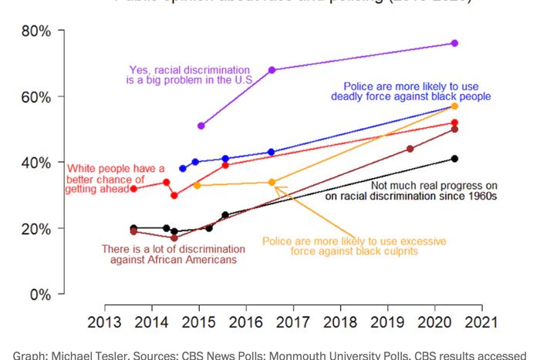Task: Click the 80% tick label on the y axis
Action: [35, 32]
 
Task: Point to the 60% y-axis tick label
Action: [35, 97]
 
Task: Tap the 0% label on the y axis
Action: [39, 294]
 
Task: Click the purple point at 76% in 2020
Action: [454, 43]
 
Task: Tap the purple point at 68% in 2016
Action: [272, 70]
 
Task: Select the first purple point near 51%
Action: [201, 126]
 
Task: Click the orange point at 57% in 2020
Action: [454, 106]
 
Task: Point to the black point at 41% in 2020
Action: [454, 159]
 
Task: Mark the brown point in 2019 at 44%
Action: [410, 149]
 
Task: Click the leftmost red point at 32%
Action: [134, 188]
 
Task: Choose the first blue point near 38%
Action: [183, 168]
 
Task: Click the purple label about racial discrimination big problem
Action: [189, 74]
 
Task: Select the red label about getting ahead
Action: [116, 179]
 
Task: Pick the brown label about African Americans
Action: [174, 254]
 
